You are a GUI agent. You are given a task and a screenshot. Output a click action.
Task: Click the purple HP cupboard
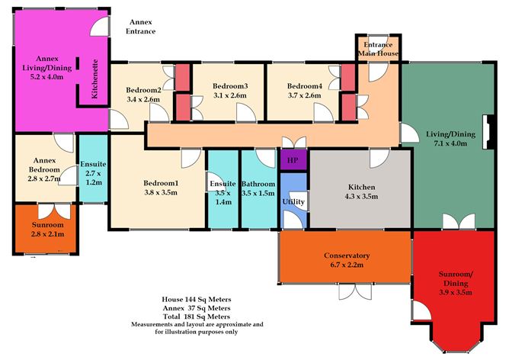pyautogui.click(x=293, y=160)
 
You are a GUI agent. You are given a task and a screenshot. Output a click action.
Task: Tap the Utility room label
pyautogui.click(x=293, y=202)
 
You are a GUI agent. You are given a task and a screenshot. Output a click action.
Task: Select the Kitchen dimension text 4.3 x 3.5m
pyautogui.click(x=361, y=196)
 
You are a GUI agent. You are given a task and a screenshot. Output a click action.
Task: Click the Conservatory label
pyautogui.click(x=347, y=256)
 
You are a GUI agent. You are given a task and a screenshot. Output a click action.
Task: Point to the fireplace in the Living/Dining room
pyautogui.click(x=488, y=132)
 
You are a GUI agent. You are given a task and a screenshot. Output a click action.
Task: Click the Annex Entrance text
pyautogui.click(x=140, y=27)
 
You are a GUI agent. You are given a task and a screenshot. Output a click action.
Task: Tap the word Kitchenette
pyautogui.click(x=94, y=79)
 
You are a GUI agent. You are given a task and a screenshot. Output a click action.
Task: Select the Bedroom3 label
pyautogui.click(x=230, y=86)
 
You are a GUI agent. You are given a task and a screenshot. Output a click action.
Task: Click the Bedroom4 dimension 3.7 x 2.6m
pyautogui.click(x=304, y=95)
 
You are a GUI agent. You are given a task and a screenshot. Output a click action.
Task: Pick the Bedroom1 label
pyautogui.click(x=161, y=183)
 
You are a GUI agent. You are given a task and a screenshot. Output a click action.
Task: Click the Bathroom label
pyautogui.click(x=258, y=184)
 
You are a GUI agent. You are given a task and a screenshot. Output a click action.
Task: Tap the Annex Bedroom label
pyautogui.click(x=44, y=165)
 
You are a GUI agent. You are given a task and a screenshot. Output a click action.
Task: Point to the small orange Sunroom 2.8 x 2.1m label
pyautogui.click(x=48, y=230)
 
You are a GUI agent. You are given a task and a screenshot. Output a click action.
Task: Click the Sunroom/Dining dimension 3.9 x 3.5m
pyautogui.click(x=456, y=292)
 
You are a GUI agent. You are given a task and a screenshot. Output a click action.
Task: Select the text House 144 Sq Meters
pyautogui.click(x=197, y=299)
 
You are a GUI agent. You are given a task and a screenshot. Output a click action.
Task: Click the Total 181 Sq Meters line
pyautogui.click(x=197, y=317)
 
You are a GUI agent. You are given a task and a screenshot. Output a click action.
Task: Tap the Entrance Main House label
pyautogui.click(x=378, y=49)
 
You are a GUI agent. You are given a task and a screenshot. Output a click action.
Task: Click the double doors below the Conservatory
pyautogui.click(x=356, y=291)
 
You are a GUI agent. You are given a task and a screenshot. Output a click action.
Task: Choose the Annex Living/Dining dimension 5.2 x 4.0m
pyautogui.click(x=46, y=77)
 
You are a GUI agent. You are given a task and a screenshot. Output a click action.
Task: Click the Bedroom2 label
pyautogui.click(x=143, y=90)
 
